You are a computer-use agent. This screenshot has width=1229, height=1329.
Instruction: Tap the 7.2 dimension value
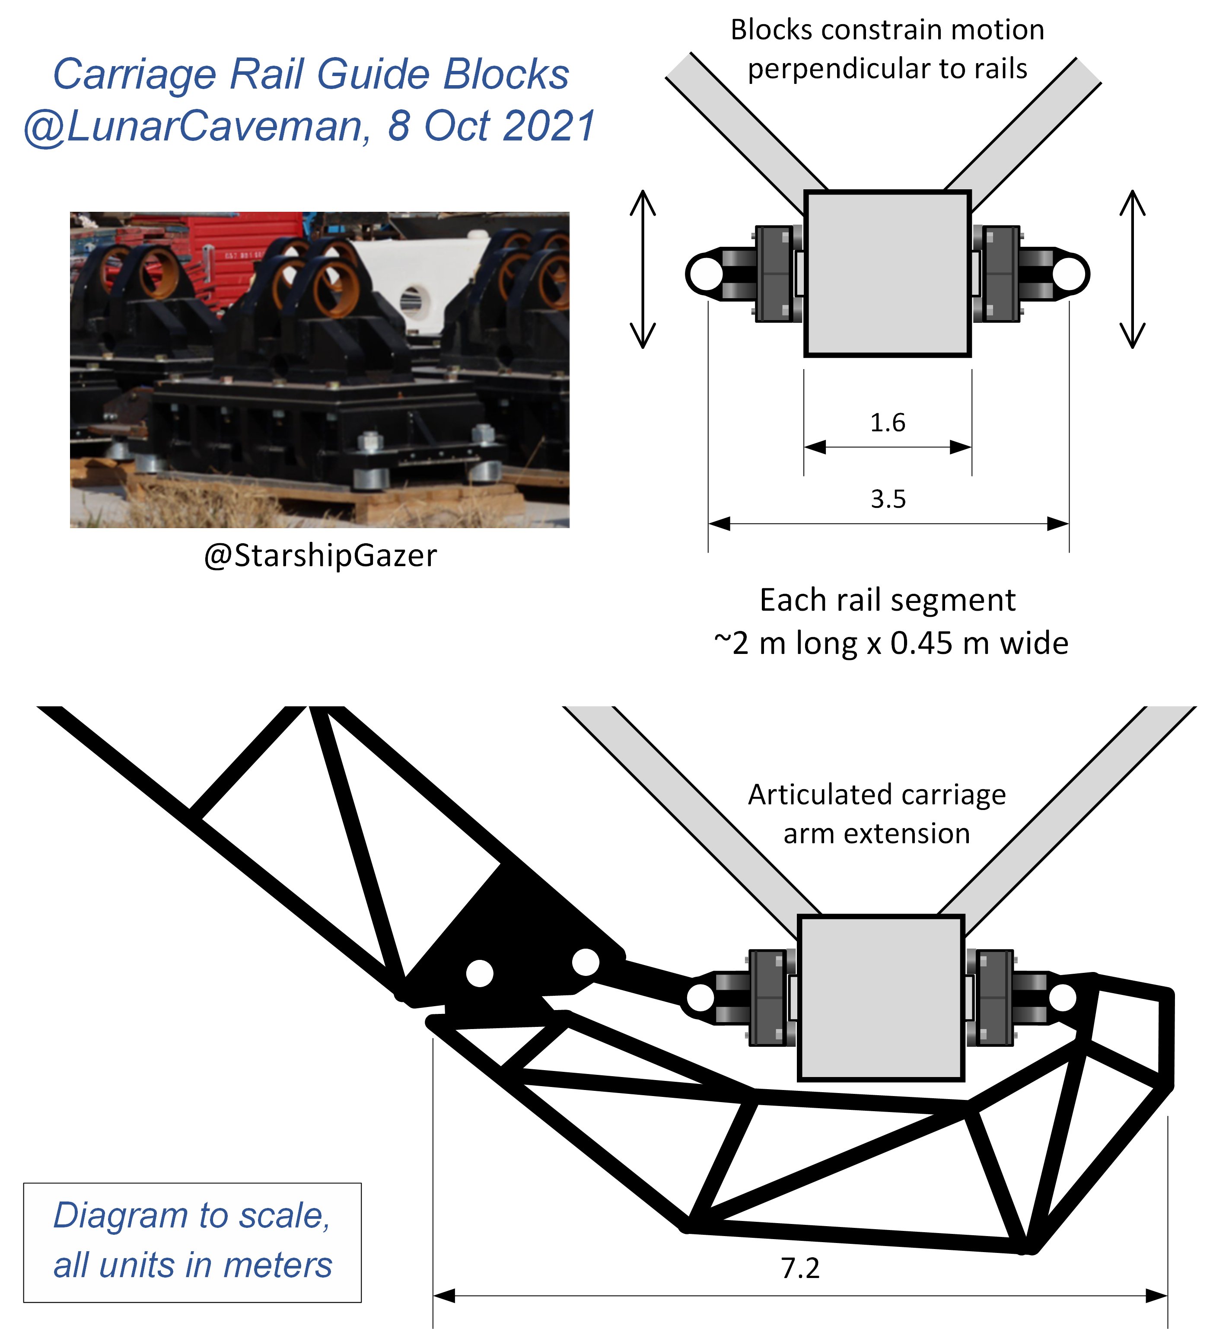800,1268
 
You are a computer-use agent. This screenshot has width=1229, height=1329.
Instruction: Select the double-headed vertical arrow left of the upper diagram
643,269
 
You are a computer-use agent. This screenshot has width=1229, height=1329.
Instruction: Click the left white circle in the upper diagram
705,274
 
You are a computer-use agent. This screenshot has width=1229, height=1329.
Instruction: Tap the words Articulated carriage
876,795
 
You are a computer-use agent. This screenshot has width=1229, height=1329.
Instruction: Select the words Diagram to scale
191,1216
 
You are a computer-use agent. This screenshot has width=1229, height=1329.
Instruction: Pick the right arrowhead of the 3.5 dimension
1058,524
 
